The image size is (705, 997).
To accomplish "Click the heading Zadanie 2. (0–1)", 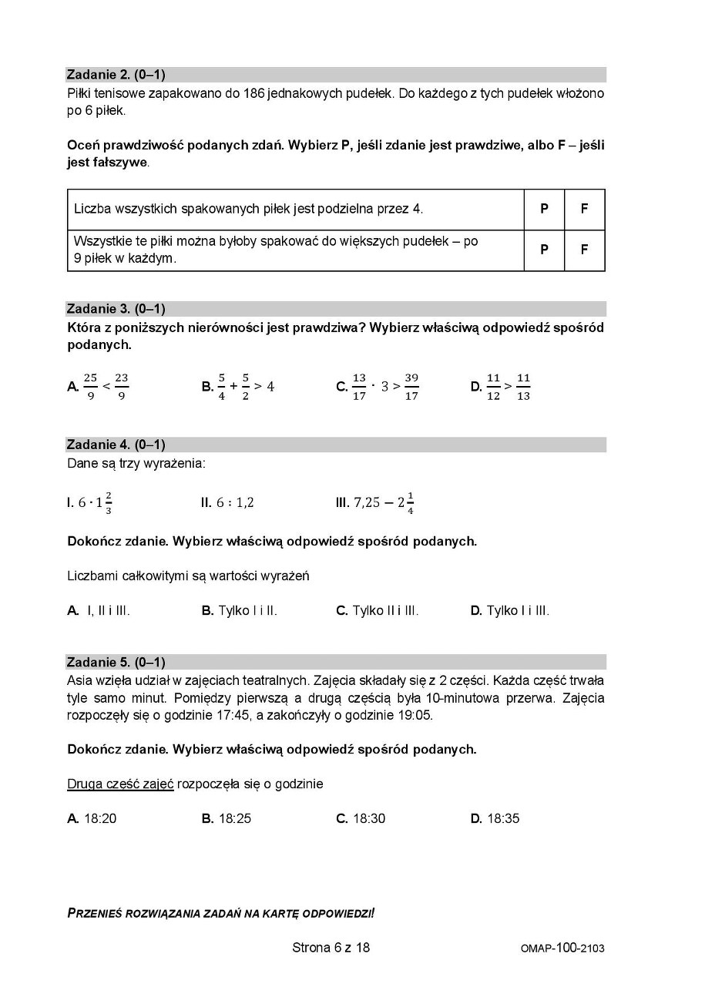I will [116, 75].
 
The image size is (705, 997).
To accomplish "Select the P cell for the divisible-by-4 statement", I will [544, 209].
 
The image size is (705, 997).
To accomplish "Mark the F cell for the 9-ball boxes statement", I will [584, 250].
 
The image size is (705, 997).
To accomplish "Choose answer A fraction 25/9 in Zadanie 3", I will [90, 386].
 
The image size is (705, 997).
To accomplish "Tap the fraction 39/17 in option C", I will [411, 386].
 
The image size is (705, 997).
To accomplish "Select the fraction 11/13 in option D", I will [523, 386].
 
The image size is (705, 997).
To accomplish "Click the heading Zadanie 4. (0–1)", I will [116, 445].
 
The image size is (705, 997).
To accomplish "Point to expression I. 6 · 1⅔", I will [90, 502].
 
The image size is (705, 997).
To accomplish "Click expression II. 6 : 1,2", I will [227, 502].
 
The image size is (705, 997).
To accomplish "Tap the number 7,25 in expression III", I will [367, 502].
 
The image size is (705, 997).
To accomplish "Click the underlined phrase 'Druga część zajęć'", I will [120, 784].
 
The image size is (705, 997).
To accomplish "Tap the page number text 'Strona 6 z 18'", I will [331, 947].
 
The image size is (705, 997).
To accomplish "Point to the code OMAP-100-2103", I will [562, 948].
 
